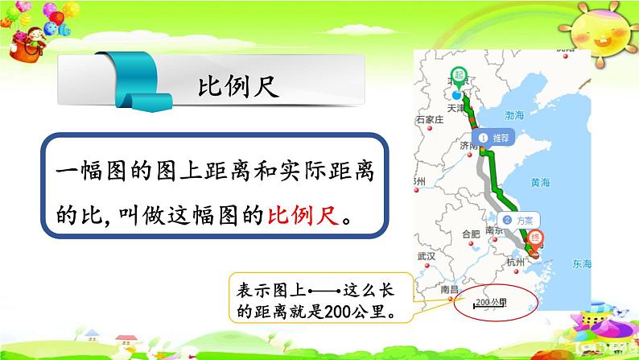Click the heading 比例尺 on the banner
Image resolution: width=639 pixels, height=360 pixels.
point(238,86)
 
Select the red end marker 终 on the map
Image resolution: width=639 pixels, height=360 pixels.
point(538,238)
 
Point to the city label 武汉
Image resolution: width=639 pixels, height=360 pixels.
point(427,256)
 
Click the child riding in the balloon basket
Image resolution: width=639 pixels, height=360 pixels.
point(35,43)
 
